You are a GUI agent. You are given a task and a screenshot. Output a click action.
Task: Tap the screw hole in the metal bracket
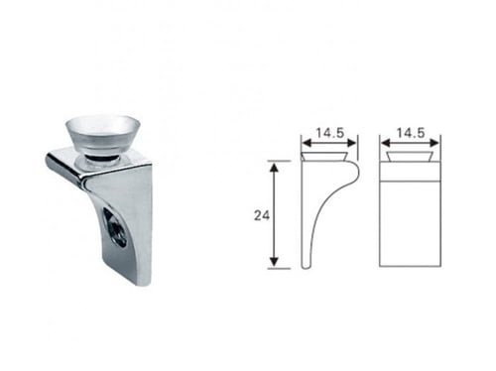[115, 227]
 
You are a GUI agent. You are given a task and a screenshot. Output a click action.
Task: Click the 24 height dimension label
[262, 215]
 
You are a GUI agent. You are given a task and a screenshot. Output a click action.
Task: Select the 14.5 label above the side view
[330, 133]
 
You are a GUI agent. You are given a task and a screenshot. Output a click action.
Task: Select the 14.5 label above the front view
[411, 133]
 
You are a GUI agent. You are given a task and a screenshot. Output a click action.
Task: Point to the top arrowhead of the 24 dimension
[274, 168]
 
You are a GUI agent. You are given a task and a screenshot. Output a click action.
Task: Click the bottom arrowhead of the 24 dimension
[274, 262]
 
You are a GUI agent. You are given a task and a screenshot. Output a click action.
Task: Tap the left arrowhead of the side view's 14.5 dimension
[308, 143]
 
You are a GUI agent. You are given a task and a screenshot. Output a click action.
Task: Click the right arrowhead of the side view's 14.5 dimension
[351, 143]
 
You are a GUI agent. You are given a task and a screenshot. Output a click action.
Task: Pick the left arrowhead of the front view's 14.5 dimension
[386, 143]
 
